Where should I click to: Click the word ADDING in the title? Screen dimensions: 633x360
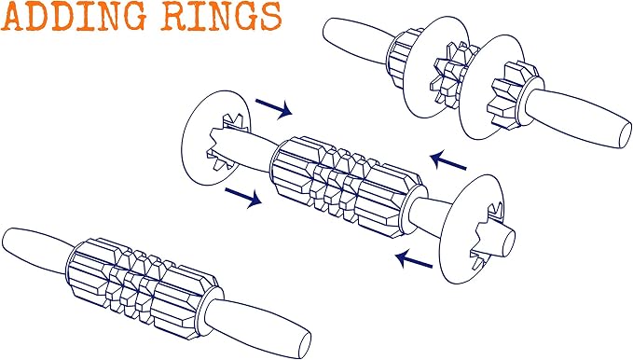click(x=74, y=17)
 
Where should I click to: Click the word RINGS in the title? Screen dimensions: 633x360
click(x=221, y=17)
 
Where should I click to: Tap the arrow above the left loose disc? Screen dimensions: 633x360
click(x=274, y=108)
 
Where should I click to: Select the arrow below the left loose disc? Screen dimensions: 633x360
click(x=243, y=198)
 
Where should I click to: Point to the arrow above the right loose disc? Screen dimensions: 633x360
click(x=448, y=159)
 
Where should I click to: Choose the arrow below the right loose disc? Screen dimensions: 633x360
click(x=414, y=259)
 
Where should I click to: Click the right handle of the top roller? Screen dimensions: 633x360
click(x=577, y=118)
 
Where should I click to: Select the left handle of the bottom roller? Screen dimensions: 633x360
click(x=36, y=249)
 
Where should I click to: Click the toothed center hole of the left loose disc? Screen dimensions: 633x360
click(x=226, y=142)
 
